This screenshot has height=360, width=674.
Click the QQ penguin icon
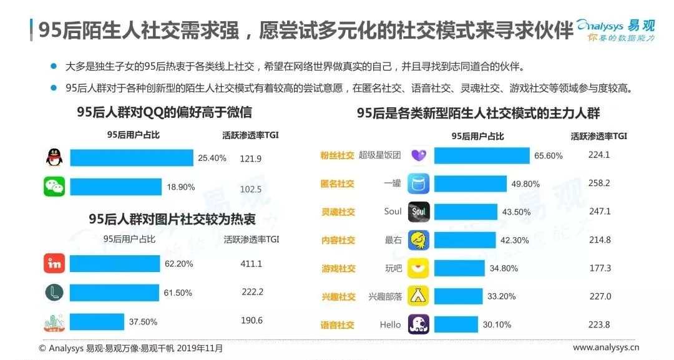[54, 158]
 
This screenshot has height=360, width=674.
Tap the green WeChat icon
[54, 187]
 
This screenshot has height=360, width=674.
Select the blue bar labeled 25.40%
[131, 158]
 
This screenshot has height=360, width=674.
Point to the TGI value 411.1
[252, 264]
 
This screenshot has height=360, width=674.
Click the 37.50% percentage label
[143, 322]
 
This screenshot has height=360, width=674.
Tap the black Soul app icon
[418, 212]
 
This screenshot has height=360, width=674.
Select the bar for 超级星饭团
[481, 155]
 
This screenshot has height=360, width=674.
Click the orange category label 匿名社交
[338, 183]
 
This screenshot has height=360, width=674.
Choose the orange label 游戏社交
[338, 268]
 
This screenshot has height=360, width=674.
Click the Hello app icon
[418, 324]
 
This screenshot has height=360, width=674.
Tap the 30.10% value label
[497, 324]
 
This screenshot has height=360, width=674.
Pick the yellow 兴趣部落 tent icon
[418, 296]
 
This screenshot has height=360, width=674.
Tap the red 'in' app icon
[54, 264]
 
